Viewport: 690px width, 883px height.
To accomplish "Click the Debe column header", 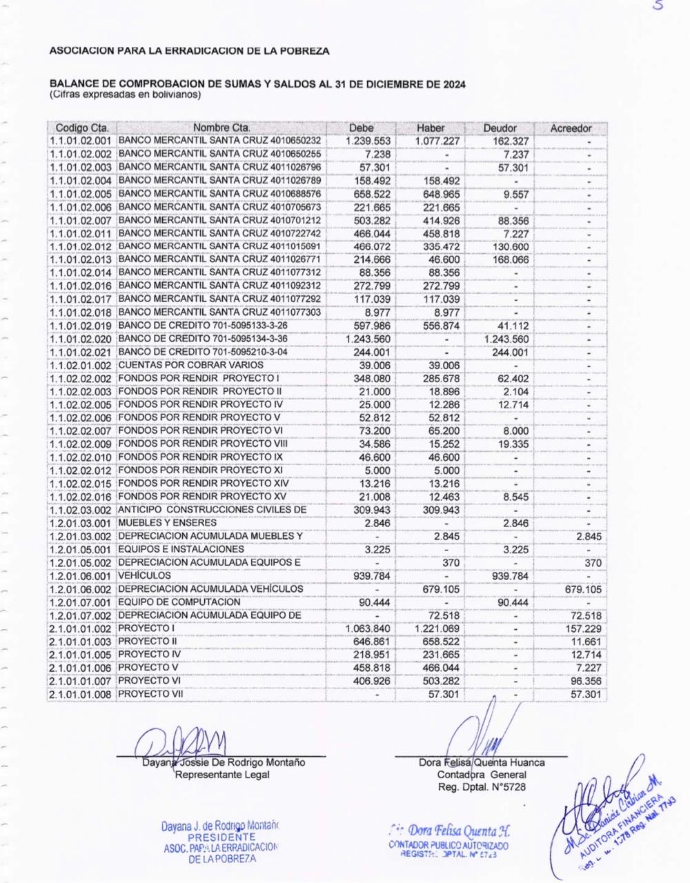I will [361, 128].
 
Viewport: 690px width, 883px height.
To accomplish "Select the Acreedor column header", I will [571, 128].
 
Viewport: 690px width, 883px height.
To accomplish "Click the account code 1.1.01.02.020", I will [81, 339].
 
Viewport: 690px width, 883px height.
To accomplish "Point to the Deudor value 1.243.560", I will [506, 339].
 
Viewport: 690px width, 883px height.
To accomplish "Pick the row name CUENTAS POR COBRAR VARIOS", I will [191, 365].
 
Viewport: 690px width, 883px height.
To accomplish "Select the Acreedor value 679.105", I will [583, 589].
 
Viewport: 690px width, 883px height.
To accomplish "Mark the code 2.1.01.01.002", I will [81, 628].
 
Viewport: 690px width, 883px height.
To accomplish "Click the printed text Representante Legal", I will [222, 775].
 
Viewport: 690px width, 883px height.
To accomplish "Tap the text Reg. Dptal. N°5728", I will [482, 787].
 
